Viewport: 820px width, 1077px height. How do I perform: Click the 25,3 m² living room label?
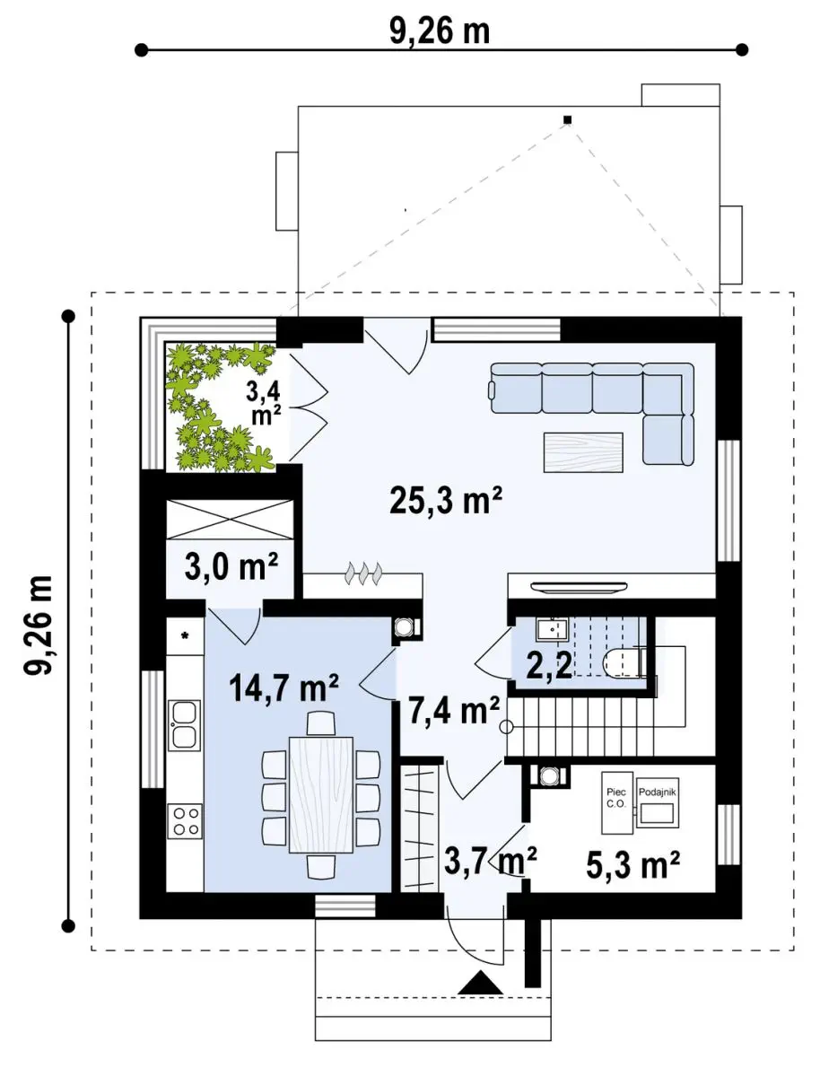(x=445, y=500)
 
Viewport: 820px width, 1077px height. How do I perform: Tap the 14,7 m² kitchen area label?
(x=283, y=687)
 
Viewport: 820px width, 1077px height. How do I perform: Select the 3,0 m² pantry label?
(x=231, y=566)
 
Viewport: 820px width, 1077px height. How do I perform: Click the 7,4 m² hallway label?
(x=454, y=711)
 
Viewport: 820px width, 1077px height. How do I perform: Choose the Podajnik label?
(x=658, y=792)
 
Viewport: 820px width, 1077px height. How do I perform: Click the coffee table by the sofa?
(x=583, y=452)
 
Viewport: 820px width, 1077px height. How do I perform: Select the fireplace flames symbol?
(x=363, y=574)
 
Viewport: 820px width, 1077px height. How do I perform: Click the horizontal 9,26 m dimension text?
(x=440, y=32)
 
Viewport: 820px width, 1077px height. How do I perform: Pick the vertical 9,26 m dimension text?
(x=38, y=625)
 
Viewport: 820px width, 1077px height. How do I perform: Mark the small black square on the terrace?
(x=567, y=119)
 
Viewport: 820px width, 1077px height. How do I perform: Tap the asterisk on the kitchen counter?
(x=185, y=636)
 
